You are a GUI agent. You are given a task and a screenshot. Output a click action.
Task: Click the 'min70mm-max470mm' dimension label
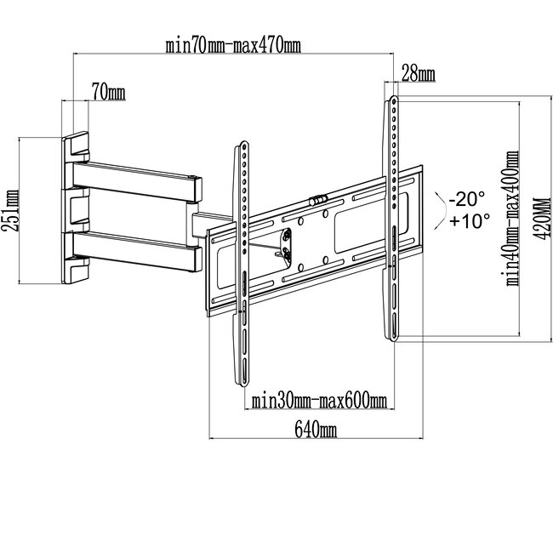[233, 46]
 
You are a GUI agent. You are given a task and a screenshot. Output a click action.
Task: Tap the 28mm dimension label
[419, 74]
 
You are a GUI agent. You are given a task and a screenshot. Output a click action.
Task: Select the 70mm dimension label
[109, 92]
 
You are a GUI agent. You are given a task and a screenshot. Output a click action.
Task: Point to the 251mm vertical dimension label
[10, 210]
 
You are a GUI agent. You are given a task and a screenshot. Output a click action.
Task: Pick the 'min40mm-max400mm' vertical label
[513, 219]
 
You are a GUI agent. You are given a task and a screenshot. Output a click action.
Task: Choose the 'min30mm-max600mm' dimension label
[319, 402]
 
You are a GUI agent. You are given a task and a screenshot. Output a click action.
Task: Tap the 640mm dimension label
[316, 430]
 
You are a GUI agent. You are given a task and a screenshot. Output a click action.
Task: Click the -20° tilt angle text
[467, 199]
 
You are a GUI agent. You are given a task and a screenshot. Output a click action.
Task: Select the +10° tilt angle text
[470, 221]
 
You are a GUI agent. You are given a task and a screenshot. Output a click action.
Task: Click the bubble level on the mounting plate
[318, 200]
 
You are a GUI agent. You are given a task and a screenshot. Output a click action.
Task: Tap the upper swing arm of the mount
[138, 182]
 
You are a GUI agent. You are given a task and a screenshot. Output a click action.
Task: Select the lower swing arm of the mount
[138, 251]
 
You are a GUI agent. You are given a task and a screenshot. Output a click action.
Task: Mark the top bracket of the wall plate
[76, 146]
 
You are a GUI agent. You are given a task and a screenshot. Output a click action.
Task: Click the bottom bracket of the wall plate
[76, 270]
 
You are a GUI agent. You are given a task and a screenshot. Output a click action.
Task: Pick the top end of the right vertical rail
[394, 99]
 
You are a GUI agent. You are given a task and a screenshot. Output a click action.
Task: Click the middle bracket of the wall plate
[77, 210]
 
